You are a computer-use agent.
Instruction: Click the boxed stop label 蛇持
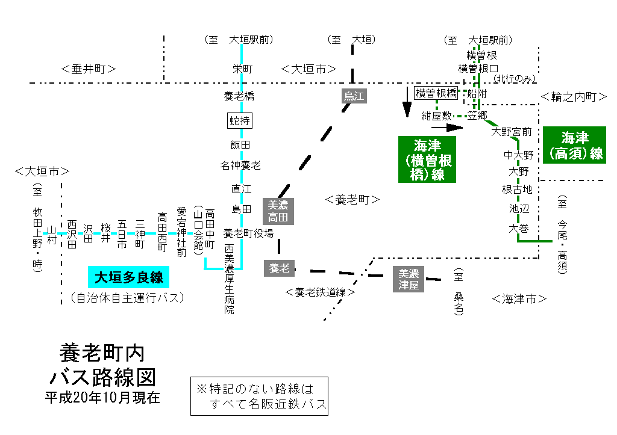pos(240,120)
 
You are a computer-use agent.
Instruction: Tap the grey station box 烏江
pos(354,96)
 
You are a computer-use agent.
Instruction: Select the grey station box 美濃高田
pos(278,211)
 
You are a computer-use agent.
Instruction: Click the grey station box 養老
pos(278,268)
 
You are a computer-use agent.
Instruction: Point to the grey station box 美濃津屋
pos(409,279)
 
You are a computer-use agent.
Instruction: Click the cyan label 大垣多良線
pos(128,277)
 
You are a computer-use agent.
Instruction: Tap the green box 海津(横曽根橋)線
pos(427,159)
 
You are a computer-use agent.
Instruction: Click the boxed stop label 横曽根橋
pos(436,93)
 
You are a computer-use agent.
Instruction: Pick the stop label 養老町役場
pos(248,233)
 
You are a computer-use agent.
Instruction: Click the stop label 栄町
pos(242,69)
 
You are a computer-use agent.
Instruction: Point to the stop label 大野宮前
pos(511,131)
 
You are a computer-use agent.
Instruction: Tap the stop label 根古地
pos(517,190)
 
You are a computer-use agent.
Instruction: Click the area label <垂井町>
pos(89,69)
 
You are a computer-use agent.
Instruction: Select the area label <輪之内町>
pos(573,96)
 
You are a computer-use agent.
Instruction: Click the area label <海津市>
pos(519,298)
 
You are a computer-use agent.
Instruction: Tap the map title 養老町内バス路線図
pos(102,365)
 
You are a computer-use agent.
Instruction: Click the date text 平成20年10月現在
pos(102,398)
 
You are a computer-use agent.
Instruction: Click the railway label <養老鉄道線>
pos(321,292)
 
